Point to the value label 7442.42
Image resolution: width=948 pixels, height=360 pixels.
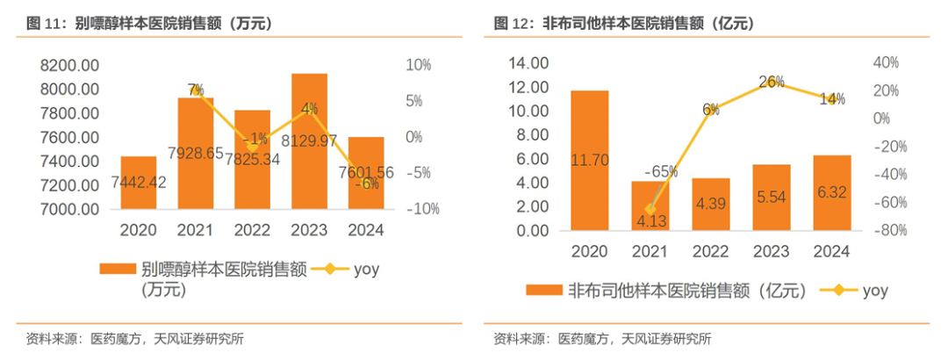click(139, 182)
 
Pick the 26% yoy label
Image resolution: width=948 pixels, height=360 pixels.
click(771, 82)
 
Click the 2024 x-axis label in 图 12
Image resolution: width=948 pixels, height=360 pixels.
click(830, 252)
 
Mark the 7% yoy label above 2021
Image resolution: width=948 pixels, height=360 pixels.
click(196, 89)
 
